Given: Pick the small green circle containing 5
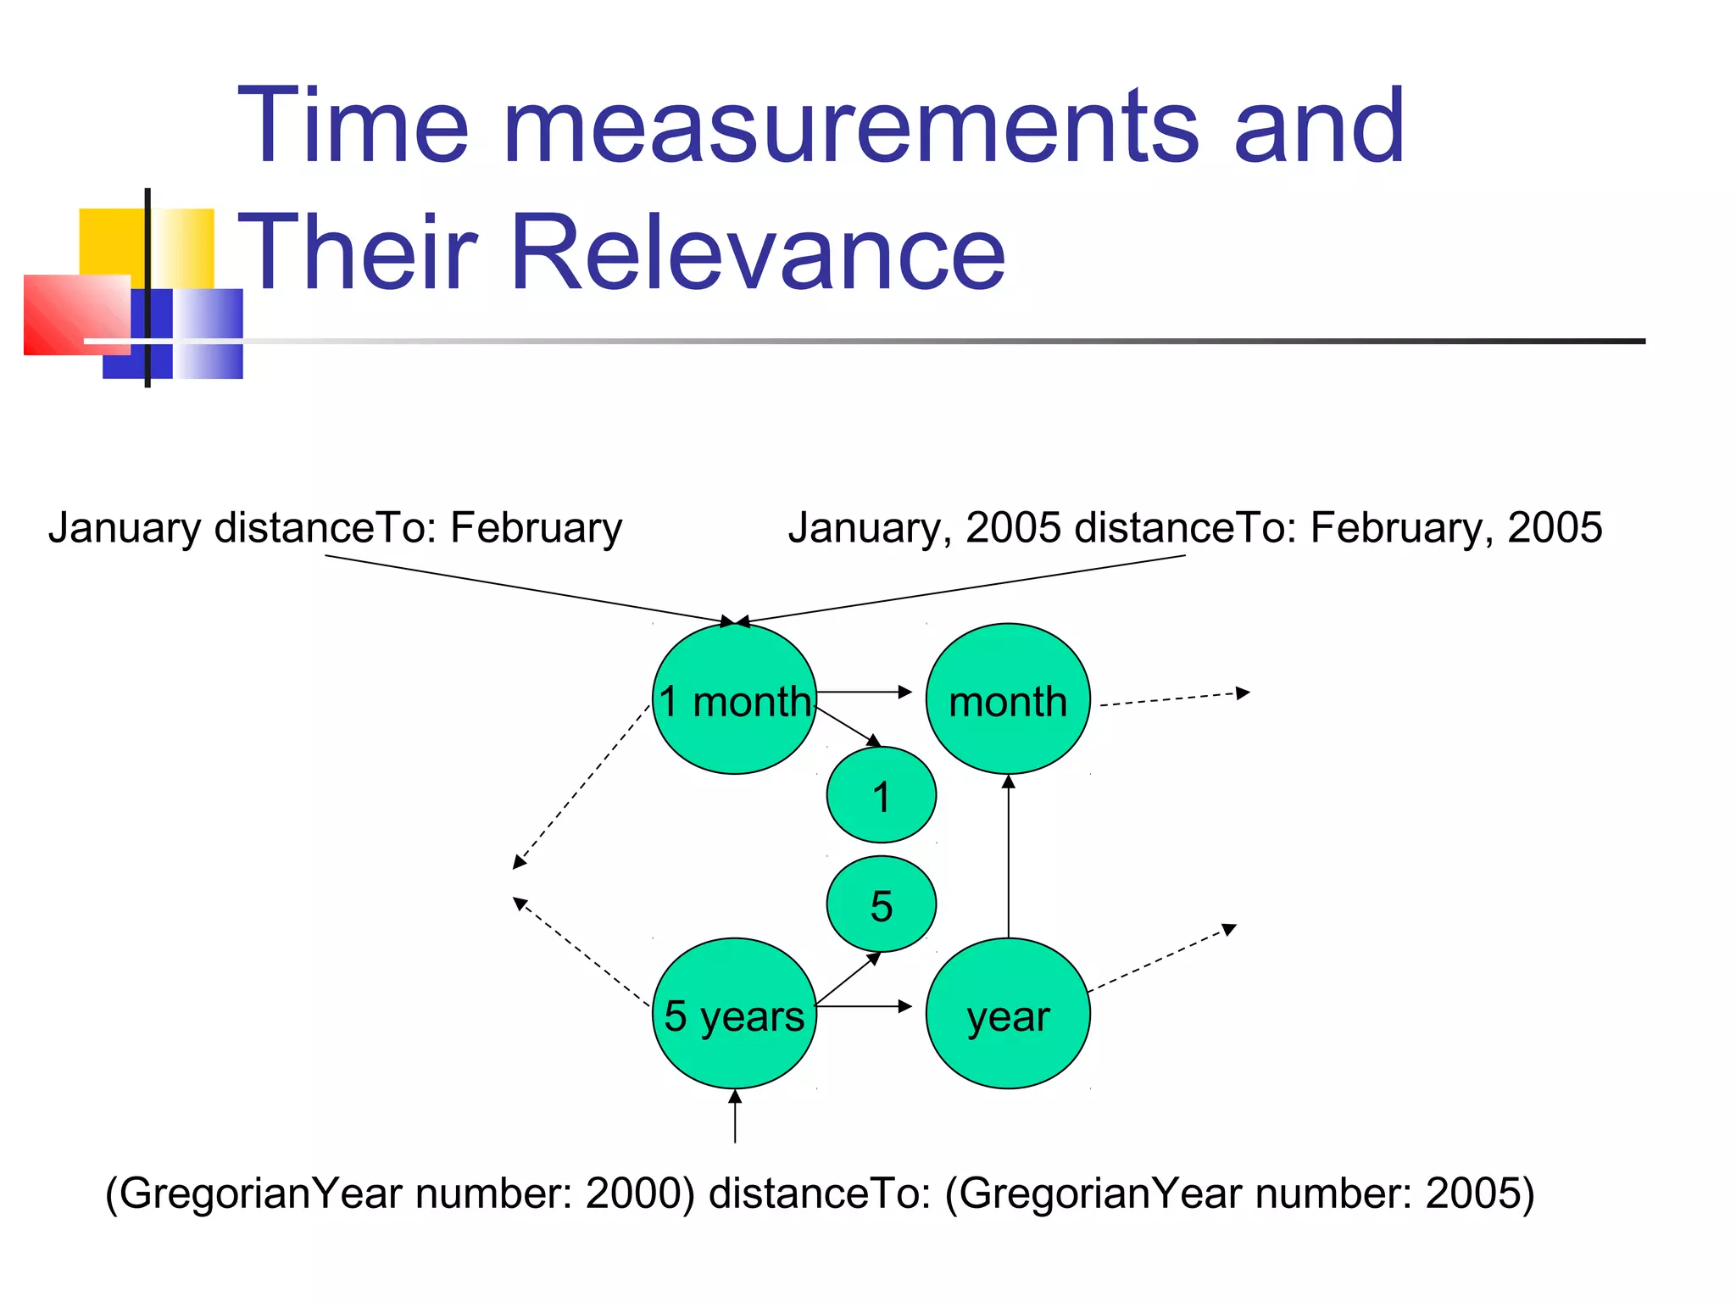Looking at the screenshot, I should tap(882, 904).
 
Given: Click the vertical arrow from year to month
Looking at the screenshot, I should tap(1008, 856).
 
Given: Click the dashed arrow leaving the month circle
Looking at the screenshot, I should tap(1174, 699).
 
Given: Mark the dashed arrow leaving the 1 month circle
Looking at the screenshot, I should tap(581, 787).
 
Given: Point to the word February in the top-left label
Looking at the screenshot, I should tap(536, 528).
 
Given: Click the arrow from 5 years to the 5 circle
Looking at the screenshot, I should tap(848, 980).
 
